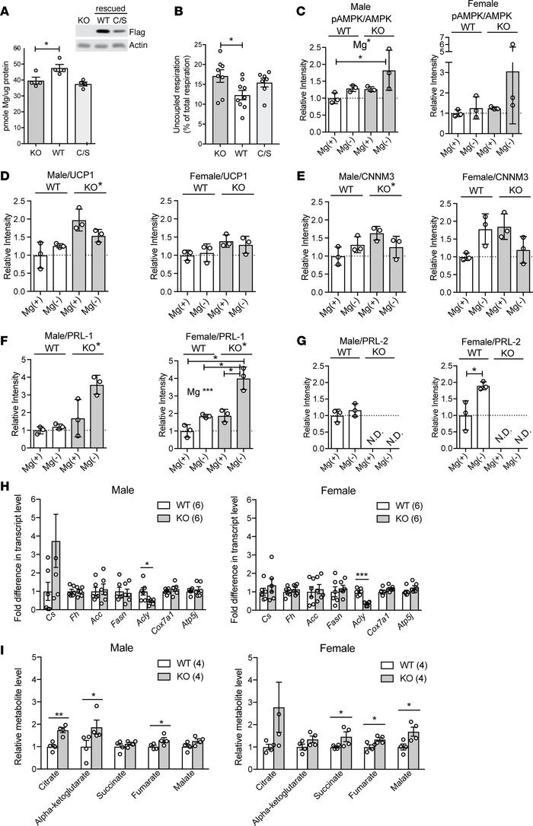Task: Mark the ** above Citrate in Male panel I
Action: (58, 714)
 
